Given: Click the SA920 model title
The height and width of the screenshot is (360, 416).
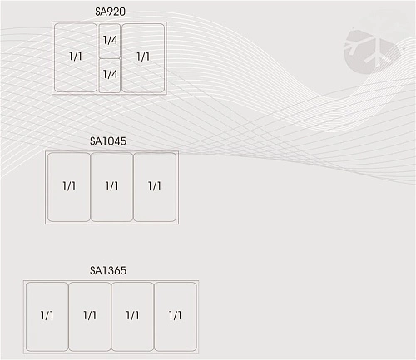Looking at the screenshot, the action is (110, 12).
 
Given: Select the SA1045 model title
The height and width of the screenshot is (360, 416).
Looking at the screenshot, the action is (108, 141).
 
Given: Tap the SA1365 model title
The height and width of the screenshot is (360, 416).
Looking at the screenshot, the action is (108, 270).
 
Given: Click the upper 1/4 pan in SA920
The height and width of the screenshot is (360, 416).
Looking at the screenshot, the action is (110, 41).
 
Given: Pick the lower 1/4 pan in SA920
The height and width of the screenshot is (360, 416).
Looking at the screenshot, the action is (110, 76).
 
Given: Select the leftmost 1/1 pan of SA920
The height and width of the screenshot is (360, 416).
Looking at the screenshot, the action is (76, 58).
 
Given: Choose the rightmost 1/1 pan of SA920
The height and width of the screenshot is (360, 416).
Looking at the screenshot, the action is (143, 58).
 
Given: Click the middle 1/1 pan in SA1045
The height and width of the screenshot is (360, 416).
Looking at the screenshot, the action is (111, 187).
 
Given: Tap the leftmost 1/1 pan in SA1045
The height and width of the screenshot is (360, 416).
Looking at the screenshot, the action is (69, 187).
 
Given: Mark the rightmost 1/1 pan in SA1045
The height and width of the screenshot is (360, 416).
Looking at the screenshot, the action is (155, 187).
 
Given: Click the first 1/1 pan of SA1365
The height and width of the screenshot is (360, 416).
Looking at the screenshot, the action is (47, 317).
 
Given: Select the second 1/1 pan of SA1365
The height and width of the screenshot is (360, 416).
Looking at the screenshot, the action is (90, 317).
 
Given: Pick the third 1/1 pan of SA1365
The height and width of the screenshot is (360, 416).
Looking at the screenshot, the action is (132, 317).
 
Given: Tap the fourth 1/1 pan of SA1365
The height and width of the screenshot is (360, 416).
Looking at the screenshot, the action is (176, 317).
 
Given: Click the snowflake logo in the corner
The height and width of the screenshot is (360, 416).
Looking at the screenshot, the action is (373, 52).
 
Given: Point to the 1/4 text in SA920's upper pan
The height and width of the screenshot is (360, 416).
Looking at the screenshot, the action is (110, 40).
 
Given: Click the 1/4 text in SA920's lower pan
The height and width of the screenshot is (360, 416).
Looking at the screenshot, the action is (110, 74).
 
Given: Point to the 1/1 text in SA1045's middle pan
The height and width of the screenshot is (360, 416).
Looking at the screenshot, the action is (111, 185).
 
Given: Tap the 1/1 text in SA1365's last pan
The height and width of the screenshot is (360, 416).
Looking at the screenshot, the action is (175, 315).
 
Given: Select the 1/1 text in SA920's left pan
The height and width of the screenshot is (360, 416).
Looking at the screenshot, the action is (76, 57).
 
